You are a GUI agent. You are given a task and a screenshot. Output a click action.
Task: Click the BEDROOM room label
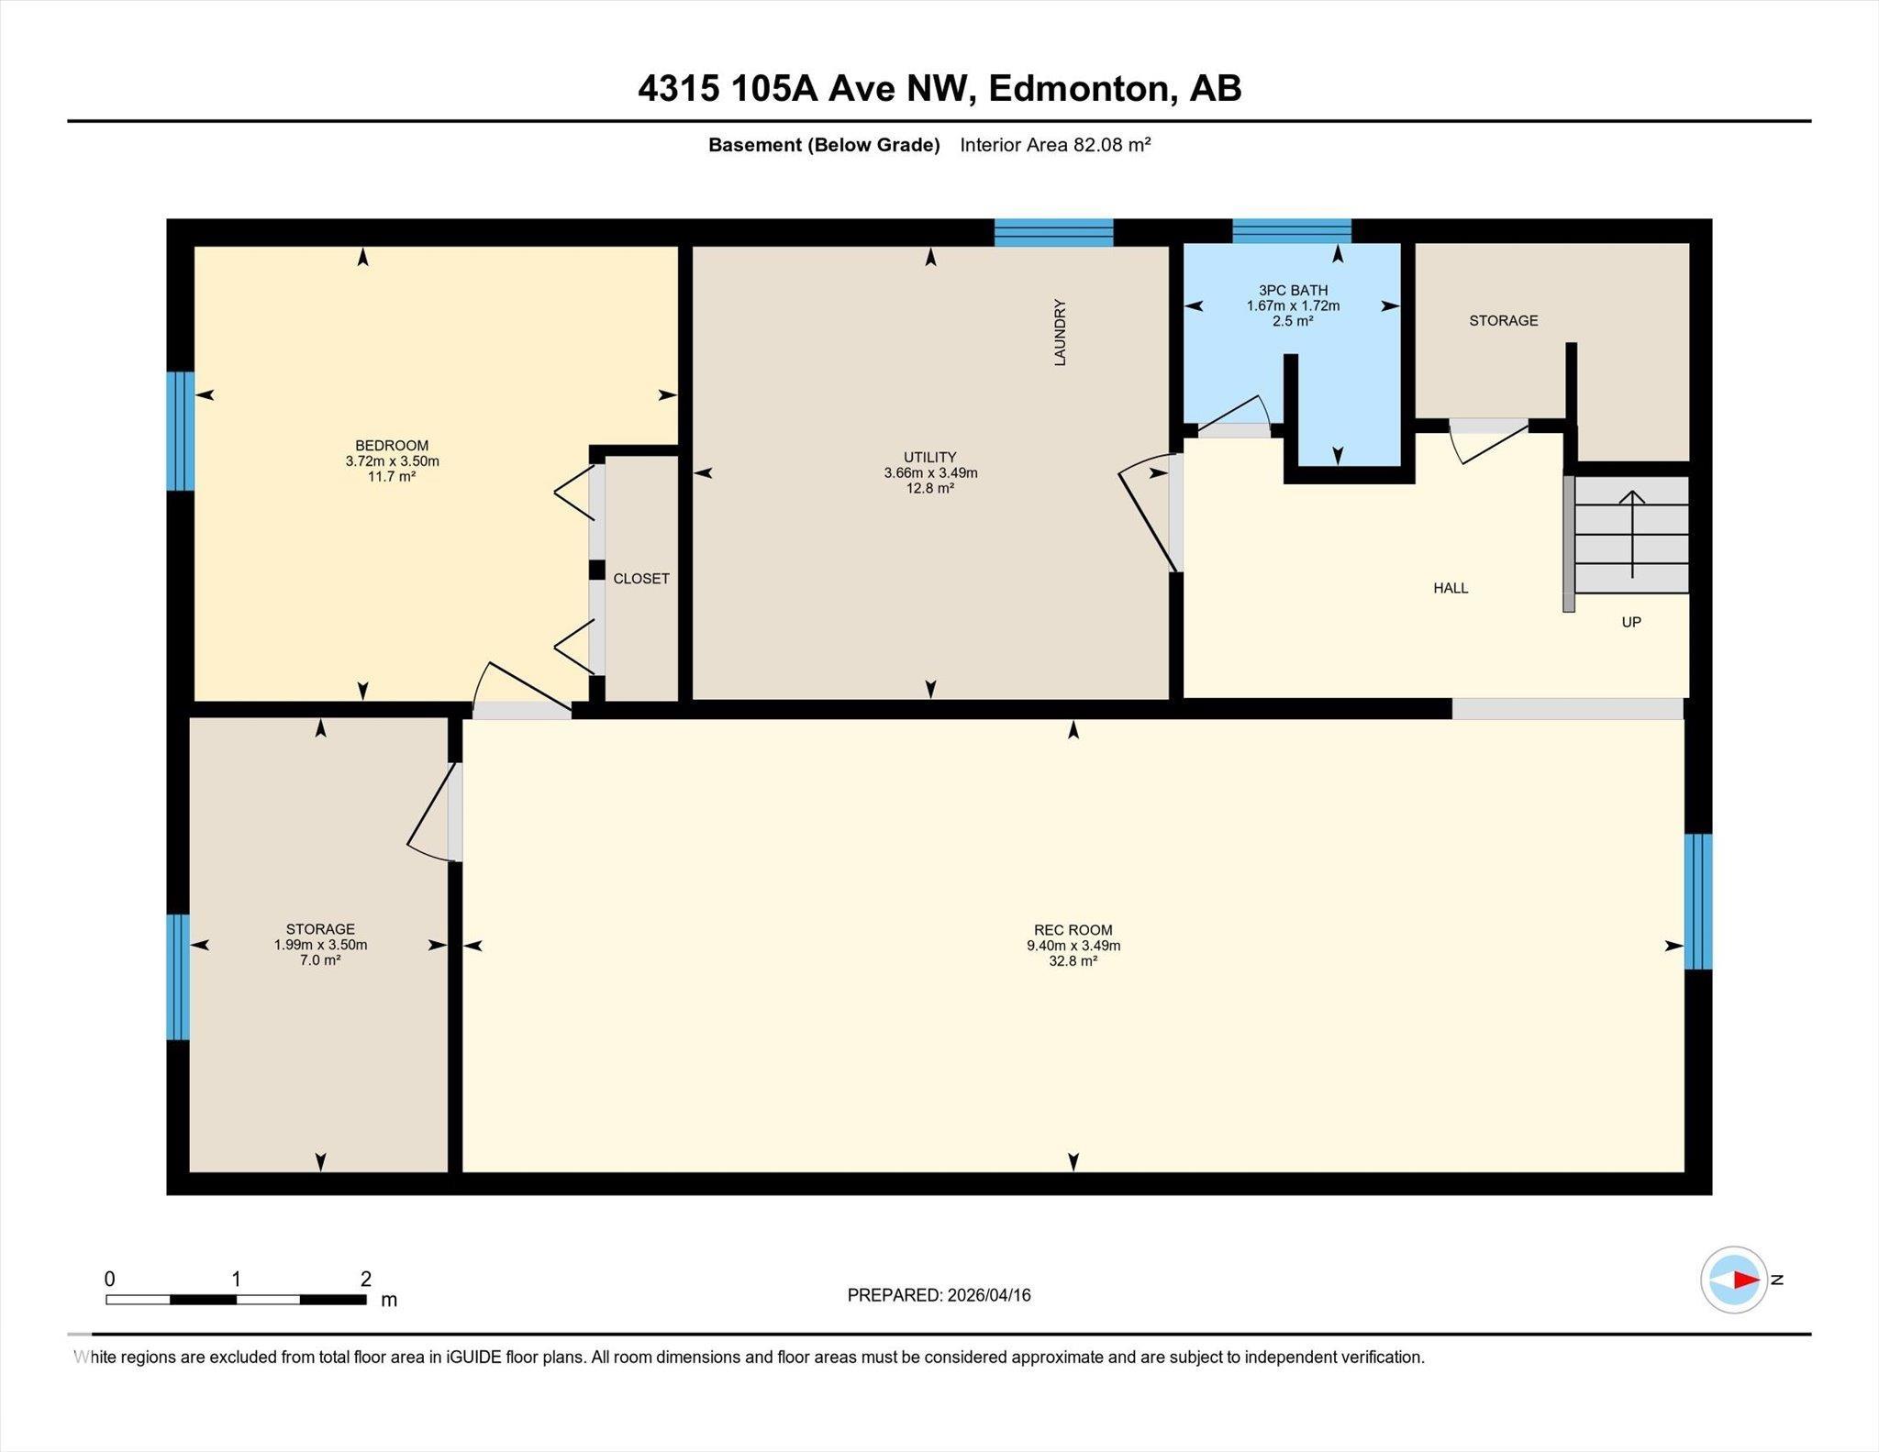point(392,446)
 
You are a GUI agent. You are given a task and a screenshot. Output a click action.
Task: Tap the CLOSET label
point(641,579)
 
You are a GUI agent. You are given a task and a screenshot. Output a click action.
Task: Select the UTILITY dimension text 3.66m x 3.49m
point(930,473)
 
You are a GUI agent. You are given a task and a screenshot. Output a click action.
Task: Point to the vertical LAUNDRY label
point(1061,332)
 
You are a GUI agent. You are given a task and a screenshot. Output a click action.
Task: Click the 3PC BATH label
point(1293,291)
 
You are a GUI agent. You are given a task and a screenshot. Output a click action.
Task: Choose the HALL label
point(1451,588)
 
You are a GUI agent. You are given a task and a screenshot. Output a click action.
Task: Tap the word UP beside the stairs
point(1631,622)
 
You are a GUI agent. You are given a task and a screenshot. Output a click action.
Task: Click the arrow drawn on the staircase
point(1632,535)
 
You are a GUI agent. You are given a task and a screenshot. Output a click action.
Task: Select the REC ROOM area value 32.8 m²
point(1073,961)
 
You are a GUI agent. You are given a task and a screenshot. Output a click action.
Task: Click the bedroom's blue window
point(181,431)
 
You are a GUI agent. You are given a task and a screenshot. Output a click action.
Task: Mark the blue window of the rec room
point(1698,902)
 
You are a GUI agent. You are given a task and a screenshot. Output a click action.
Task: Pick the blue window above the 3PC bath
point(1292,231)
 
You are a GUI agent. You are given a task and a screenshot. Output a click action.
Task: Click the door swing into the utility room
point(1148,514)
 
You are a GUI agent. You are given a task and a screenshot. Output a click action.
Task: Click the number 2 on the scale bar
point(366,1279)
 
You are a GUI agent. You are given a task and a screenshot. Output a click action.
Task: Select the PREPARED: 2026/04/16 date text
point(939,1295)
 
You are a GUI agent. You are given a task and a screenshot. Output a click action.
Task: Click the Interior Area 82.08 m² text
point(1055,145)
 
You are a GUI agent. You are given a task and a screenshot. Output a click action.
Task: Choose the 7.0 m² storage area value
point(320,960)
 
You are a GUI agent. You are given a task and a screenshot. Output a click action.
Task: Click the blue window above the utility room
point(1054,233)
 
